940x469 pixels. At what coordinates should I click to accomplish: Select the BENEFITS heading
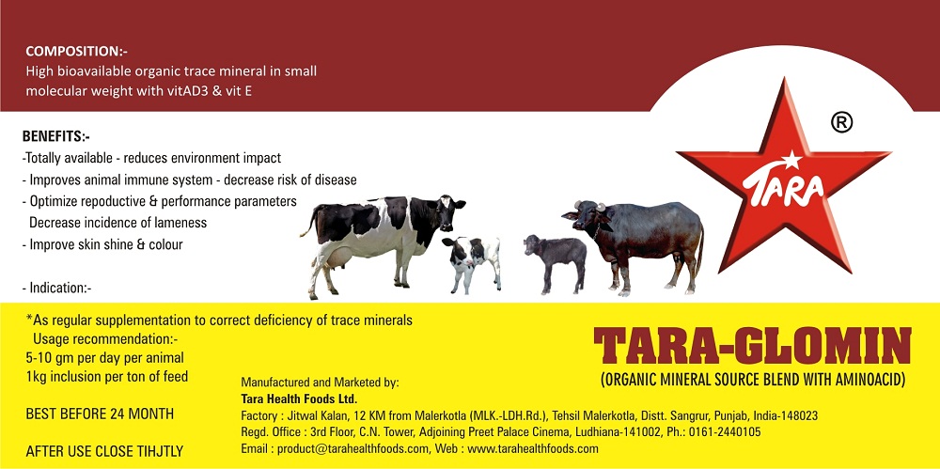(55, 136)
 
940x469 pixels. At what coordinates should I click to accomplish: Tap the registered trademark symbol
(841, 122)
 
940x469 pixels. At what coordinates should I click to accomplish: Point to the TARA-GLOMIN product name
(752, 347)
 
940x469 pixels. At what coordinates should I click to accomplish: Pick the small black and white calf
(472, 262)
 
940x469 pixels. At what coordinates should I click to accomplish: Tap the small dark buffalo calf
(556, 262)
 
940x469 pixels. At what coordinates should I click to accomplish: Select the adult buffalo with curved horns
(635, 244)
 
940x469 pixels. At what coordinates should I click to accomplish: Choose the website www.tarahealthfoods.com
(532, 448)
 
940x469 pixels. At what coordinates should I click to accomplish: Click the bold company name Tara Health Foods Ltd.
(299, 399)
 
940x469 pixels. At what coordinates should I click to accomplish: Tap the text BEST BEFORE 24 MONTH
(100, 414)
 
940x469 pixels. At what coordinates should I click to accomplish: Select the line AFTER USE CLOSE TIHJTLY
(104, 451)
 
